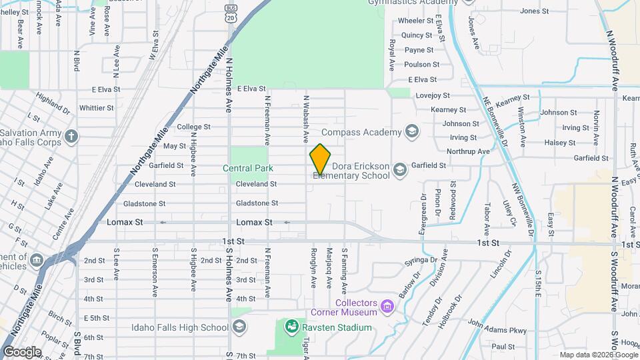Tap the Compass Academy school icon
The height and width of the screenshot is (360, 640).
pyautogui.click(x=411, y=131)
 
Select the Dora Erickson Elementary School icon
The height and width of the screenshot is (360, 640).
pyautogui.click(x=399, y=169)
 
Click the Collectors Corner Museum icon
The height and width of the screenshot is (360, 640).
pyautogui.click(x=388, y=307)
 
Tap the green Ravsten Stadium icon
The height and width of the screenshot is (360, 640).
pyautogui.click(x=291, y=327)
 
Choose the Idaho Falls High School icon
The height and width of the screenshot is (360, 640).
pyautogui.click(x=239, y=326)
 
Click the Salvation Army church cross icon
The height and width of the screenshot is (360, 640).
pyautogui.click(x=72, y=137)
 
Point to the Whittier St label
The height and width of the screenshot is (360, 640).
pyautogui.click(x=96, y=108)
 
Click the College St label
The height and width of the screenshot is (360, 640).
pyautogui.click(x=193, y=127)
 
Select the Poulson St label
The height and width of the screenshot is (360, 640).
pyautogui.click(x=422, y=65)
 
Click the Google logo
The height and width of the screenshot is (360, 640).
pyautogui.click(x=22, y=351)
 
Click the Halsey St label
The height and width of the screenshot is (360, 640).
pyautogui.click(x=559, y=143)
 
